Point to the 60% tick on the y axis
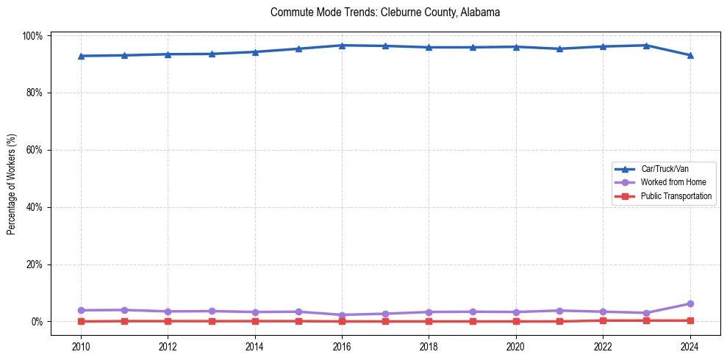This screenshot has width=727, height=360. coord(35,150)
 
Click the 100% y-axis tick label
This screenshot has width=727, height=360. coord(33,35)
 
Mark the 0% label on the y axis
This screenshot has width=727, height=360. coord(37,322)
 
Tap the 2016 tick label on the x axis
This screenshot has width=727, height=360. coord(342,346)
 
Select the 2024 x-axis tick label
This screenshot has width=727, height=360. coord(690,346)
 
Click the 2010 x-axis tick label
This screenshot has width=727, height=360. coord(81,346)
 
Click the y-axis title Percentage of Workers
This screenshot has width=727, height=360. coord(11,184)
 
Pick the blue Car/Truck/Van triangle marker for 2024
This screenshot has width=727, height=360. coord(690,55)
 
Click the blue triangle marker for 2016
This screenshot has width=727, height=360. coord(342,46)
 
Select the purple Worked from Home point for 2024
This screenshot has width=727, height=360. coord(690,303)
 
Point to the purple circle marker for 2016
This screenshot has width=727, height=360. coord(342,315)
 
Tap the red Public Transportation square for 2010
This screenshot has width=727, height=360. coord(81,321)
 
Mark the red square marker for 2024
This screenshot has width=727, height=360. coord(690,320)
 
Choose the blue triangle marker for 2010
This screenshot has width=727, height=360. coord(81,56)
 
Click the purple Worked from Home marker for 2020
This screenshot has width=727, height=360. coord(516,312)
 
